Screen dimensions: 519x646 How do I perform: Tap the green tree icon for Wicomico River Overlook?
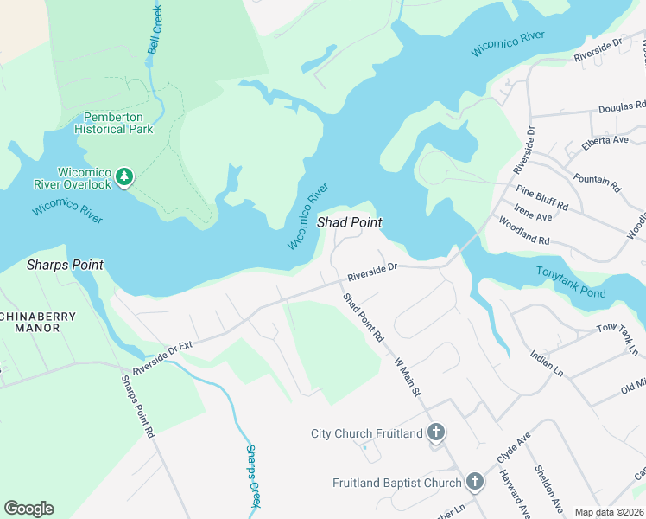125,177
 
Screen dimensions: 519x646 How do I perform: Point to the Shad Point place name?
349,222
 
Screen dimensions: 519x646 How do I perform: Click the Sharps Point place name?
65,265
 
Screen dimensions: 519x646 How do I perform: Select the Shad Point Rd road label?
363,317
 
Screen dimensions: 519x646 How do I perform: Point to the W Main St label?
406,377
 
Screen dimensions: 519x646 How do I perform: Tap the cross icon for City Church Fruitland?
437,432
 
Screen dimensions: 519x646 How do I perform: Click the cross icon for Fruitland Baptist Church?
474,482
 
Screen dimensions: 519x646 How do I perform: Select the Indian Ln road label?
546,362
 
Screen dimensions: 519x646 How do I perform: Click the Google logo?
28,509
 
